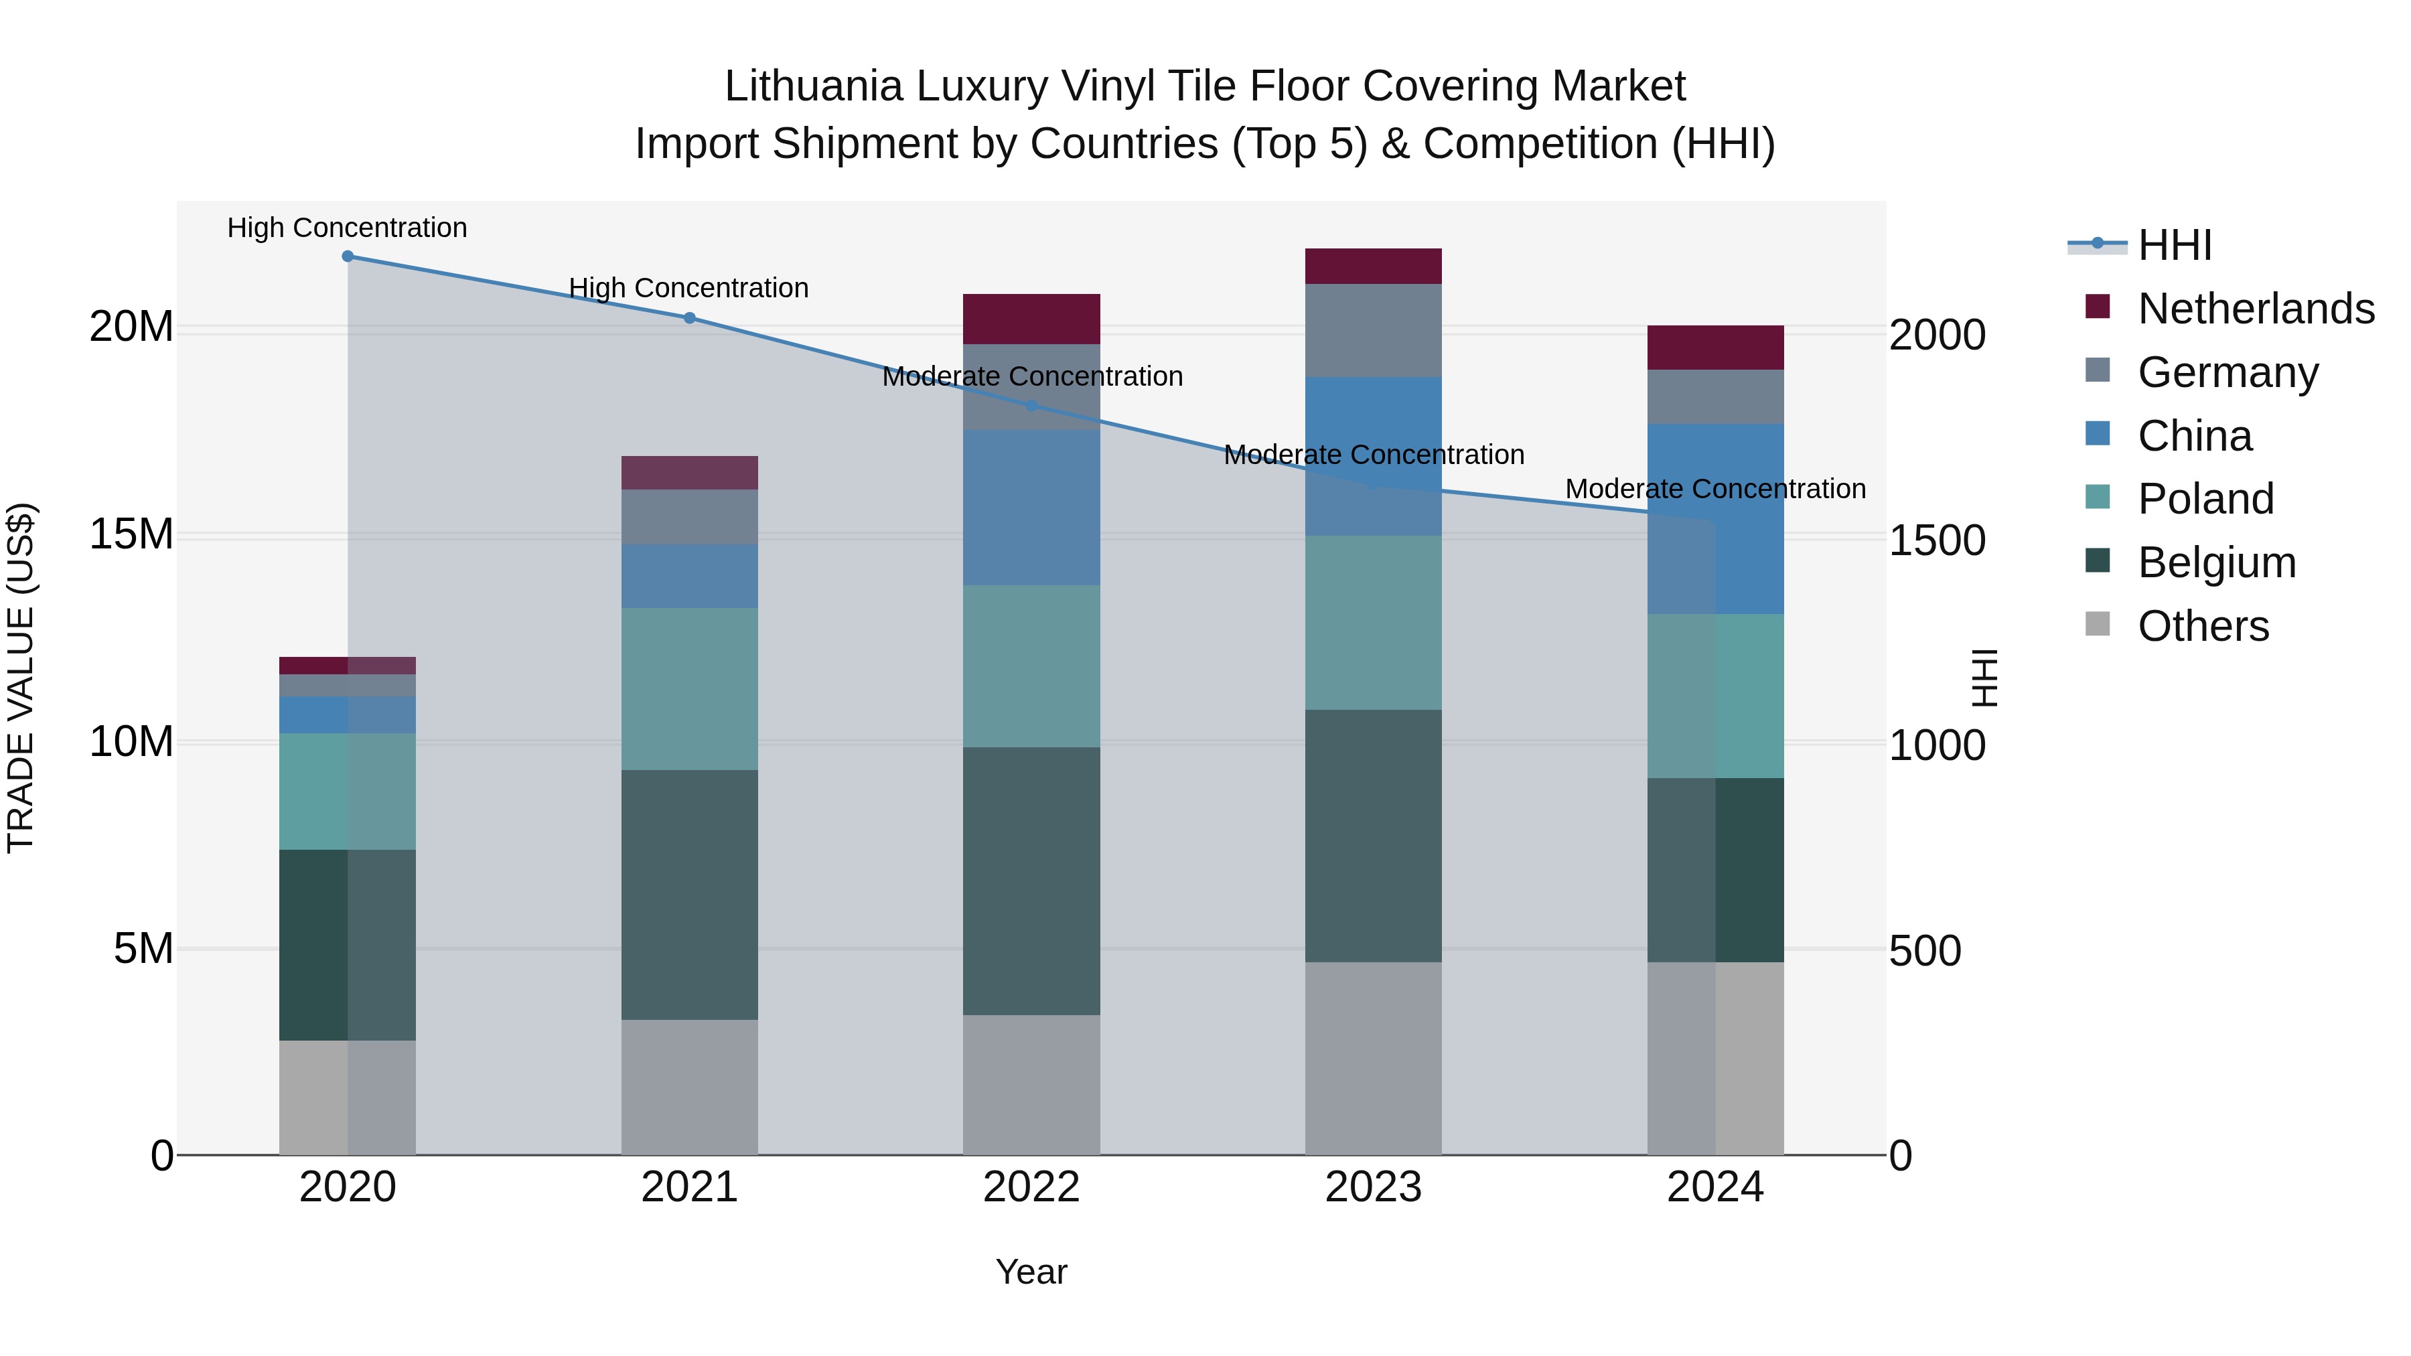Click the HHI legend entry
(x=2173, y=245)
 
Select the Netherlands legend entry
(x=2255, y=309)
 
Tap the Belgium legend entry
(x=2215, y=562)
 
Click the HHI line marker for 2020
(x=347, y=256)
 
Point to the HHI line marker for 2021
(x=689, y=318)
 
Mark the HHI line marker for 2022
(x=1031, y=405)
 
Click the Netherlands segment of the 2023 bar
(x=1373, y=267)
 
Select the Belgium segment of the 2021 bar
(x=689, y=895)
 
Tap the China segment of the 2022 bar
(x=1031, y=508)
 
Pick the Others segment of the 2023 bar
(x=1373, y=1059)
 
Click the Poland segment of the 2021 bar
(x=689, y=690)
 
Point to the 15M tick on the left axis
(x=131, y=534)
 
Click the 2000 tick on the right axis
(x=1936, y=335)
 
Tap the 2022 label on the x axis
(x=1031, y=1187)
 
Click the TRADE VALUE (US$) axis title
(x=21, y=678)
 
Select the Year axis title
(x=1031, y=1272)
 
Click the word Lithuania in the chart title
(x=812, y=86)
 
